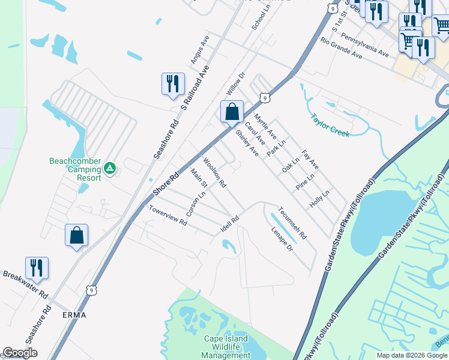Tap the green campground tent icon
(109, 169)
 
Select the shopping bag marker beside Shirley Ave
(232, 112)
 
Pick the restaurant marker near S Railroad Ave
(173, 84)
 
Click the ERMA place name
(74, 314)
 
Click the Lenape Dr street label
(281, 239)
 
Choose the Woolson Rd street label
(214, 172)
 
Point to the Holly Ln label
(320, 199)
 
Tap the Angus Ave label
(199, 49)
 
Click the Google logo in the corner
(20, 353)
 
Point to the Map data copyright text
(411, 355)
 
